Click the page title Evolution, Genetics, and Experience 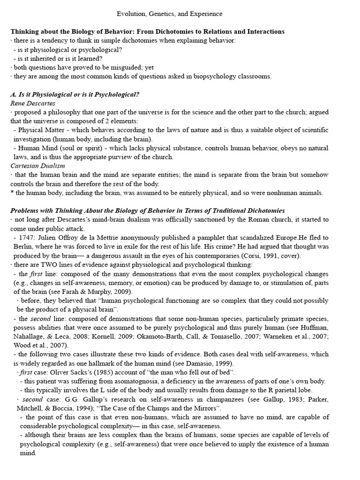click(x=169, y=14)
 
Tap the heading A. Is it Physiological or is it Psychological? click(x=75, y=94)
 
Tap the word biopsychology click(x=220, y=76)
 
